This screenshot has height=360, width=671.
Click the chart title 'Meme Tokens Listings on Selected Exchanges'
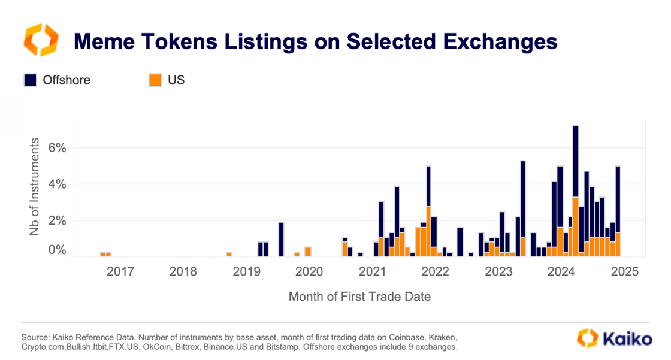[315, 41]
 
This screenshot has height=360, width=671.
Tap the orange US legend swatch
[155, 80]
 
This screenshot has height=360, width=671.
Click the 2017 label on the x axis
[120, 272]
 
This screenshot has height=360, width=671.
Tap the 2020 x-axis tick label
[309, 272]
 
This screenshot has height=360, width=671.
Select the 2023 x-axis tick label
[498, 272]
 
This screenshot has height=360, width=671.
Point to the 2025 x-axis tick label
[624, 272]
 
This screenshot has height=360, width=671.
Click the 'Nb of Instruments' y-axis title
[35, 186]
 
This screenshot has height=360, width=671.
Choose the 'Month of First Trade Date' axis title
[359, 297]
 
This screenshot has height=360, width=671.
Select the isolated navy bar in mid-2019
[281, 239]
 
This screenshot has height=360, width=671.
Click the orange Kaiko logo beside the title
[41, 41]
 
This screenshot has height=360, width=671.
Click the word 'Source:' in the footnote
[35, 337]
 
